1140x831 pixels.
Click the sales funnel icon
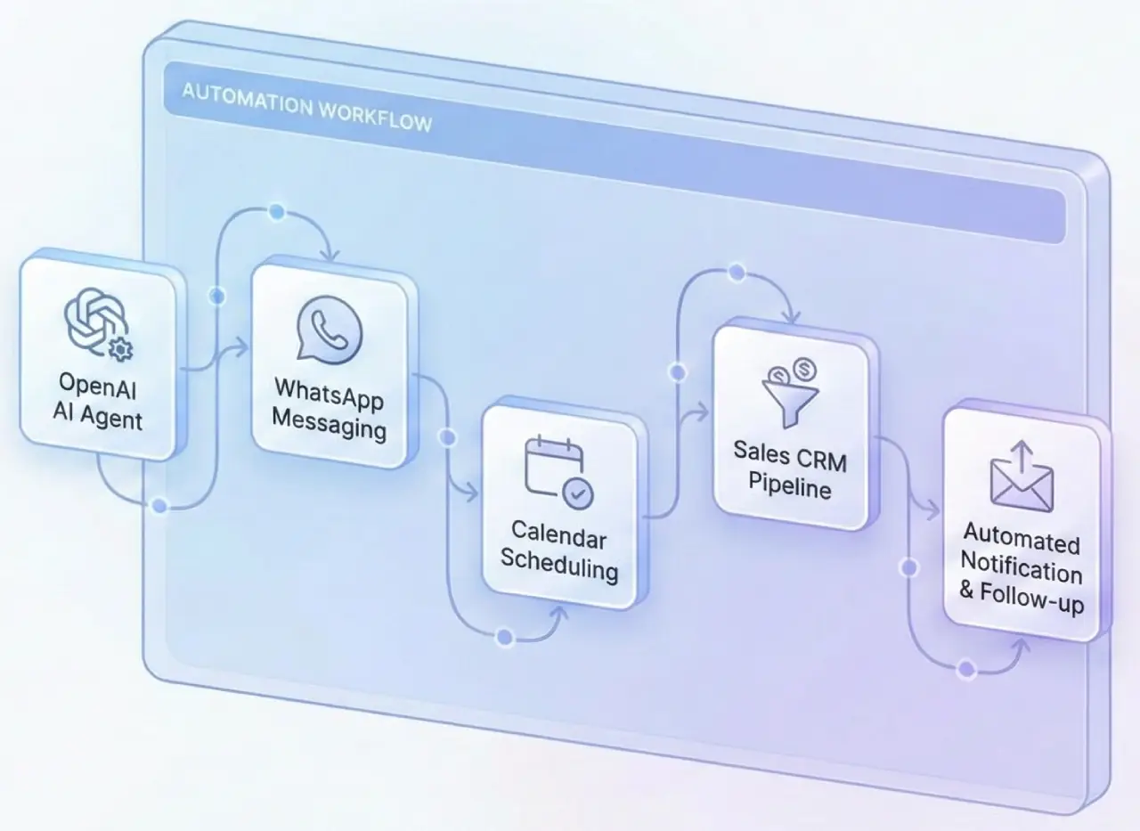[x=790, y=390]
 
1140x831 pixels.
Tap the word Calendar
[x=558, y=536]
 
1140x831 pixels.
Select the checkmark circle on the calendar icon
[x=579, y=493]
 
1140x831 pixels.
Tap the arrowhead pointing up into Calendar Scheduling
[x=560, y=614]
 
